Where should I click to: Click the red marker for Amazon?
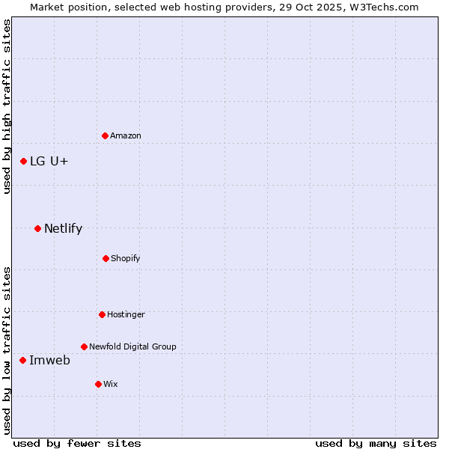[x=105, y=135]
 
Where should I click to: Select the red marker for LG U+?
[x=23, y=161]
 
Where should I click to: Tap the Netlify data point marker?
[x=37, y=228]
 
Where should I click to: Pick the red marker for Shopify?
[x=106, y=258]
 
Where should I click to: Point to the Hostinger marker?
[x=102, y=314]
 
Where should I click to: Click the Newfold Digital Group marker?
[x=84, y=346]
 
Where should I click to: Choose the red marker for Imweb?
[x=22, y=360]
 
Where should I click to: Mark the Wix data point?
[x=98, y=384]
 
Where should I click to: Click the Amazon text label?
[x=126, y=135]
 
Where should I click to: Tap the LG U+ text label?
[x=49, y=161]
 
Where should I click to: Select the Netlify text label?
[x=63, y=228]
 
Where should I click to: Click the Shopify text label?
[x=126, y=258]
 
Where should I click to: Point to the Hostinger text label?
[x=126, y=314]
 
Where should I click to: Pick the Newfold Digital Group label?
[x=132, y=346]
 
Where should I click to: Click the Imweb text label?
[x=49, y=360]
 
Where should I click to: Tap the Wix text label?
[x=111, y=384]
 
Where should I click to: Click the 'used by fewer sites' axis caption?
[x=77, y=443]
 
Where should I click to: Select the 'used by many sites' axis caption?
[x=376, y=443]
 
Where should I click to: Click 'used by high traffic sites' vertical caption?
[x=7, y=106]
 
